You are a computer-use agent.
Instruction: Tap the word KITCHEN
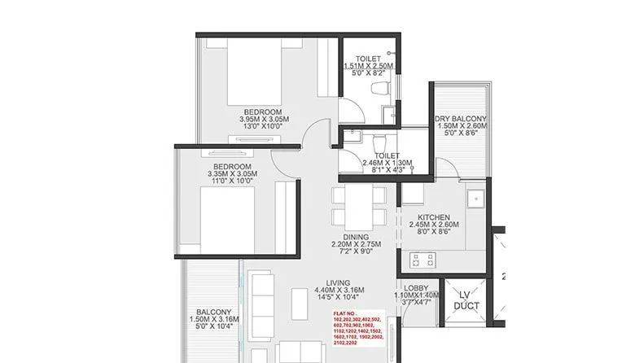coord(434,216)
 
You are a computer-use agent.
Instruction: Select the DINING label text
coord(357,237)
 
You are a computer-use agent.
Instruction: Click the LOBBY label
coord(415,288)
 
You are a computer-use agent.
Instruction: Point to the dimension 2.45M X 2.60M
coord(434,224)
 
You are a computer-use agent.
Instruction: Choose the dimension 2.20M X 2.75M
coord(357,245)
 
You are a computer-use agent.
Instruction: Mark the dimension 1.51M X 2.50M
coord(369,66)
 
